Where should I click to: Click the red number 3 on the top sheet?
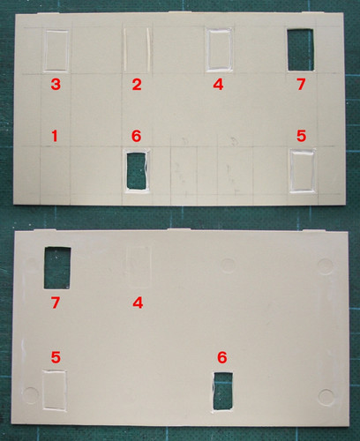tap(56, 85)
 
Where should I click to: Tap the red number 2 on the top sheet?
tap(137, 85)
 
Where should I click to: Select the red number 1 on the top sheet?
tap(55, 136)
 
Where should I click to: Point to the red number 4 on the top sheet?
tap(218, 85)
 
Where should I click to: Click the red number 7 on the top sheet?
tap(301, 85)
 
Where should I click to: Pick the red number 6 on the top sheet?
tap(137, 136)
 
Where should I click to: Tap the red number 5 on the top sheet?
tap(302, 136)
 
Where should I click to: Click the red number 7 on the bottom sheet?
tap(56, 303)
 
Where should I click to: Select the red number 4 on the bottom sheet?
tap(138, 303)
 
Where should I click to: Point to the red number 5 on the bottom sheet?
tap(56, 357)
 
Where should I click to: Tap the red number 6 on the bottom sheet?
tap(222, 357)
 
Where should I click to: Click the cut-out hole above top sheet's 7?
tap(300, 49)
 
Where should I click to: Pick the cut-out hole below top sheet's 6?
tap(137, 170)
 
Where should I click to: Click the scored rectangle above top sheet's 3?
tap(56, 50)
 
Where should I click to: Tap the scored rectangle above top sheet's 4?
tap(220, 49)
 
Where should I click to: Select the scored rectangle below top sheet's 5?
tap(303, 170)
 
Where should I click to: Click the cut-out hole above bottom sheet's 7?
tap(57, 267)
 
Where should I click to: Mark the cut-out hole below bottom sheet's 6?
tap(223, 391)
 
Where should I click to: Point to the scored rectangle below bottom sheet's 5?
tap(55, 390)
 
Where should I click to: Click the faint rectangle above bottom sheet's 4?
tap(138, 266)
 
